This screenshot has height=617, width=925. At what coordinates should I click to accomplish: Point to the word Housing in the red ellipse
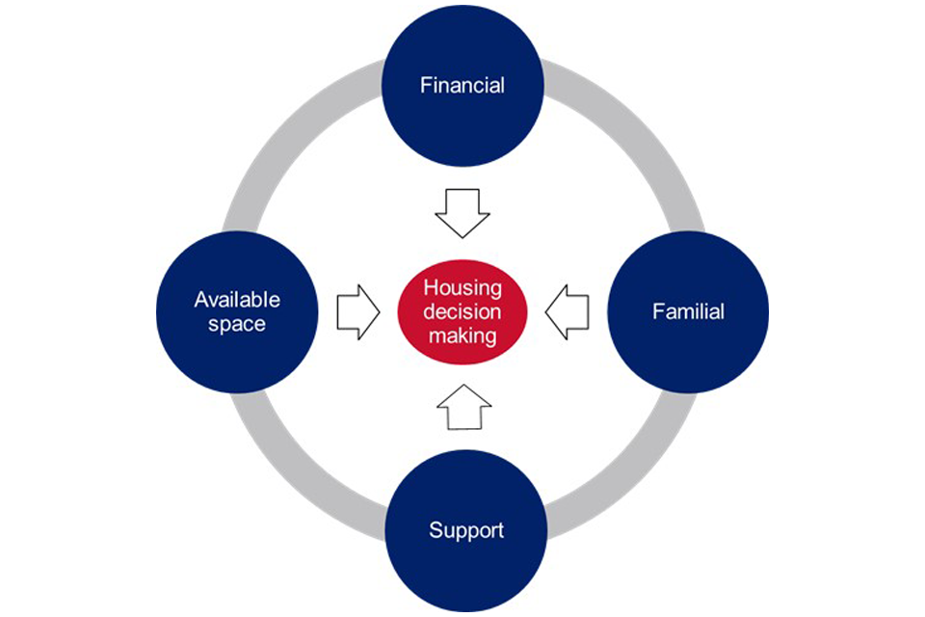point(462,288)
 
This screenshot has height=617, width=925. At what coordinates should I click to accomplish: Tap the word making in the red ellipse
point(463,335)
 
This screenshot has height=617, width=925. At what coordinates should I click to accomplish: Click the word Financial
point(462,85)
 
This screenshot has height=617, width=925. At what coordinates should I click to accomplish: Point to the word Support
point(465,530)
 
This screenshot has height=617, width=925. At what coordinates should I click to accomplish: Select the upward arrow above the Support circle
point(464,407)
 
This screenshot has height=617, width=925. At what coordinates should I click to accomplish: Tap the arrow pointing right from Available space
point(357,311)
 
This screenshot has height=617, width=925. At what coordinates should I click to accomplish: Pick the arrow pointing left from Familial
point(568,311)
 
